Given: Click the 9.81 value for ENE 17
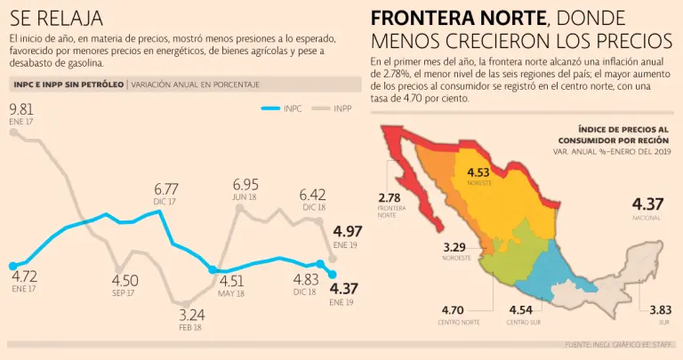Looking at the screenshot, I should [22, 108].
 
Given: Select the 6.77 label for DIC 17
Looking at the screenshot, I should [166, 189].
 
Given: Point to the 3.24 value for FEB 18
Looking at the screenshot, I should [190, 315].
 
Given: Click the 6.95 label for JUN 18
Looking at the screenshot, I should [245, 184].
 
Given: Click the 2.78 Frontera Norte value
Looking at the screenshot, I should [389, 197].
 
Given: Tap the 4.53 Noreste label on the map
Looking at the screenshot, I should [478, 172].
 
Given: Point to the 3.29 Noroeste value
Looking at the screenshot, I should [455, 246].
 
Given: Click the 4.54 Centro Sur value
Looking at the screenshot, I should [524, 310].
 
